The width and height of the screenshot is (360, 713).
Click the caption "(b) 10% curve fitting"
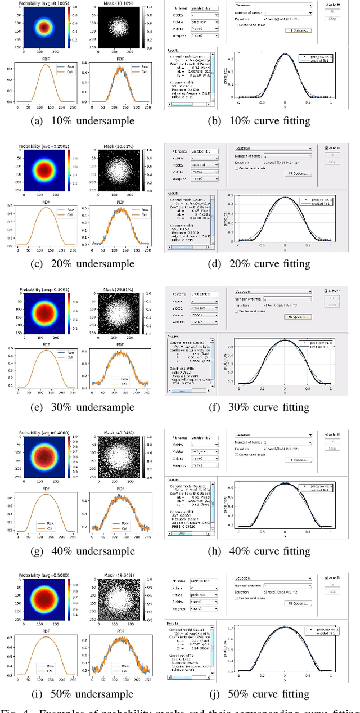click(262, 120)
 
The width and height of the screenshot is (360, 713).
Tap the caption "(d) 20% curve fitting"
click(262, 264)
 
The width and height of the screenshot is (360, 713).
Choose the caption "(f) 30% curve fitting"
click(262, 407)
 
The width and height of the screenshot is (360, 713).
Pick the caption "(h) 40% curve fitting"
click(262, 550)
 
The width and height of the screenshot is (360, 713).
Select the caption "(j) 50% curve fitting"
click(262, 693)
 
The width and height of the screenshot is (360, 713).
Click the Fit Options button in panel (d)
click(298, 173)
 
